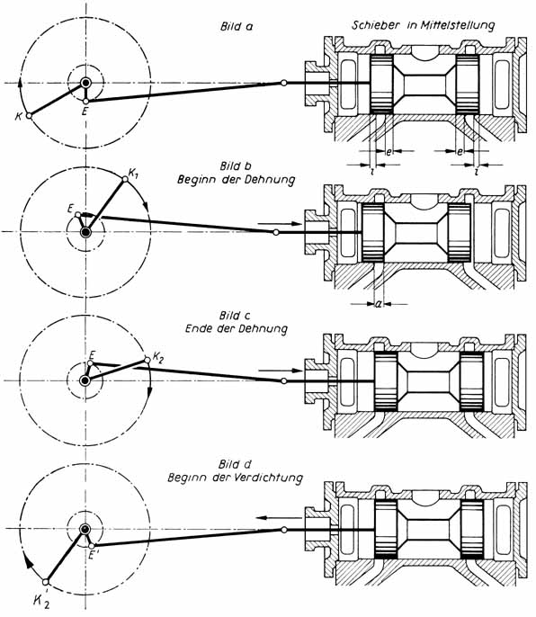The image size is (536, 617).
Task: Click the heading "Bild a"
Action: point(237,27)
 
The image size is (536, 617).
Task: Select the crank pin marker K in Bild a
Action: point(29,116)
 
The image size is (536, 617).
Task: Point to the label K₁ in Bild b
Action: point(134,173)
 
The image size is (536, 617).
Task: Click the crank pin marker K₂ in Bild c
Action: point(147,360)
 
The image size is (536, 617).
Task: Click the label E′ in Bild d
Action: point(93,556)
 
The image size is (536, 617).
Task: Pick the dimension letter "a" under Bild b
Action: point(379,304)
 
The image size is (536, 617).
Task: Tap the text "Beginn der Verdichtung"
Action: point(236,478)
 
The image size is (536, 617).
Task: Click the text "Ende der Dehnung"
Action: point(237,328)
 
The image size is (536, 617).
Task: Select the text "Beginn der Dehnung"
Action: point(237,180)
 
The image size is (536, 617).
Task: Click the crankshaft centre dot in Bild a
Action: point(85,83)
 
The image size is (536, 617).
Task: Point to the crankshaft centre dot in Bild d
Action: point(85,529)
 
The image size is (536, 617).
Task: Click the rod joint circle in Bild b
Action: point(276,233)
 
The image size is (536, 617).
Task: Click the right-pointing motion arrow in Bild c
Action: point(281,371)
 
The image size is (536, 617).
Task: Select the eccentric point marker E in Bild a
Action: point(85,102)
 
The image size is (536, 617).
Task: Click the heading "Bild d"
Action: point(236,465)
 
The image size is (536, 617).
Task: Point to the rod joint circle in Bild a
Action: point(283,83)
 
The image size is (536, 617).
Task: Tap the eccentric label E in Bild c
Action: point(92,353)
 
